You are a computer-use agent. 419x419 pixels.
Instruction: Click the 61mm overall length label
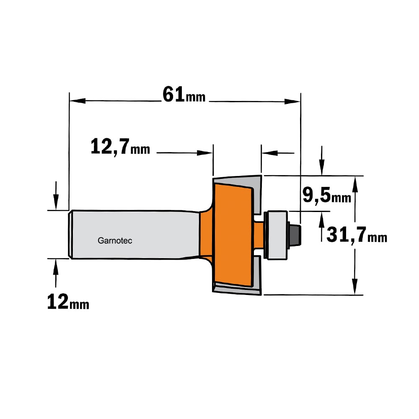tap(184, 95)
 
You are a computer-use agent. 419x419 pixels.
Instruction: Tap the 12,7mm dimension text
tap(120, 147)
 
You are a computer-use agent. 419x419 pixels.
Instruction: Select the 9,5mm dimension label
tap(326, 195)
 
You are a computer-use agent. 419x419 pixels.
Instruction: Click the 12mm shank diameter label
tap(68, 302)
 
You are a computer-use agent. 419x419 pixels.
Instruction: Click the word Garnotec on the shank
tap(115, 241)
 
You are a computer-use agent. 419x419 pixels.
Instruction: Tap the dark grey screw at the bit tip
tap(295, 235)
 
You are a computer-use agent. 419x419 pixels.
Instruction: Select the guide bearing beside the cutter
tap(276, 235)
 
